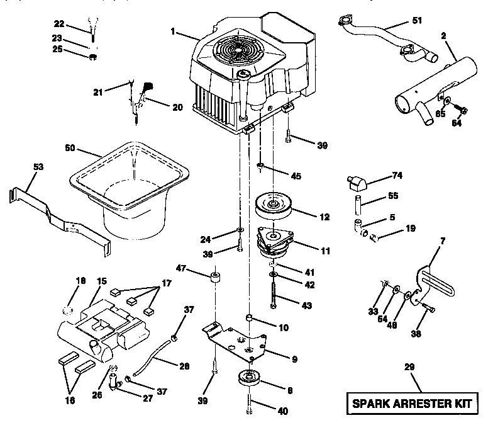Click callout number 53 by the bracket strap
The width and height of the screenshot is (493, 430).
(38, 167)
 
